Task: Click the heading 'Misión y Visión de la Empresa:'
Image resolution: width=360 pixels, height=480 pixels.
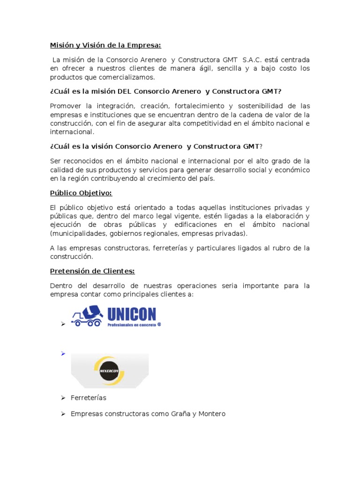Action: pyautogui.click(x=105, y=45)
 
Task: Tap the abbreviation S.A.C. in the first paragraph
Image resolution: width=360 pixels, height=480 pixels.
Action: pyautogui.click(x=254, y=60)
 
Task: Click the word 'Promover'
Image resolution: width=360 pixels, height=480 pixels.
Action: pyautogui.click(x=65, y=106)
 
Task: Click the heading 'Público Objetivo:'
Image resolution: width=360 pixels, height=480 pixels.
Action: pyautogui.click(x=81, y=193)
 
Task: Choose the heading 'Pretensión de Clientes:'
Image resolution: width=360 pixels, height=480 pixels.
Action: pyautogui.click(x=92, y=271)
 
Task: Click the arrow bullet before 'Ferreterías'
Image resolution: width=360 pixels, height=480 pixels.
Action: pyautogui.click(x=62, y=398)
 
